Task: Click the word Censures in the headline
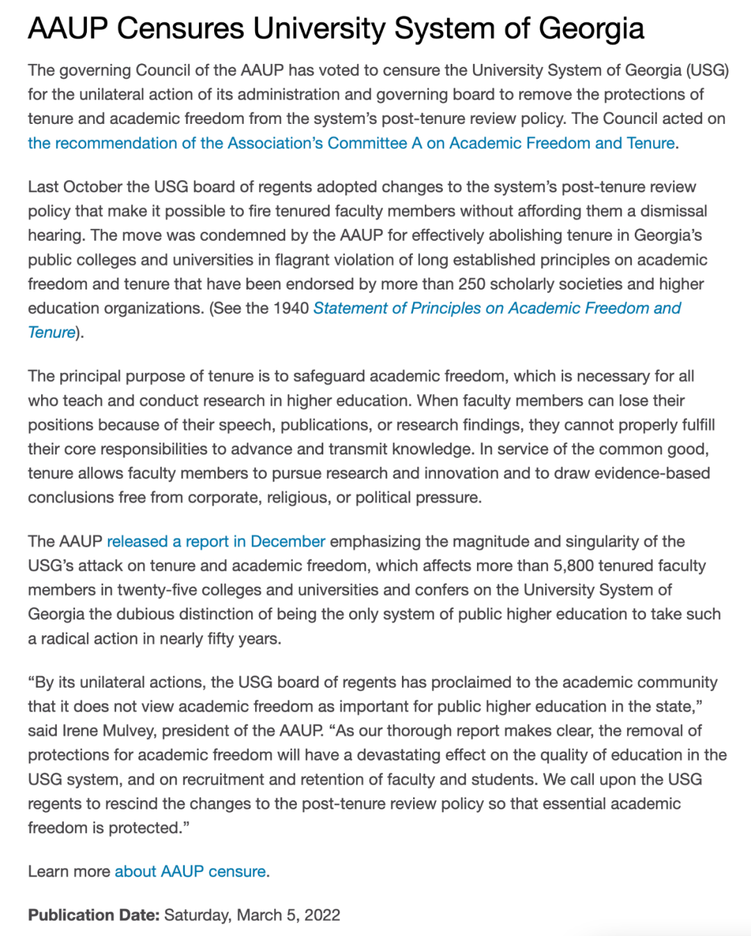[179, 29]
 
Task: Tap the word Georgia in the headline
[591, 29]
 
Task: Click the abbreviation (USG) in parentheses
[707, 70]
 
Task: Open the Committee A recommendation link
[351, 143]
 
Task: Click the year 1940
[291, 308]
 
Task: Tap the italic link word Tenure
[51, 333]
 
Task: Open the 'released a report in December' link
[216, 541]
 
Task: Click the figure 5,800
[574, 566]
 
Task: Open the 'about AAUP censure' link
[190, 871]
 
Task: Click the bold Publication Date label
[94, 915]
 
